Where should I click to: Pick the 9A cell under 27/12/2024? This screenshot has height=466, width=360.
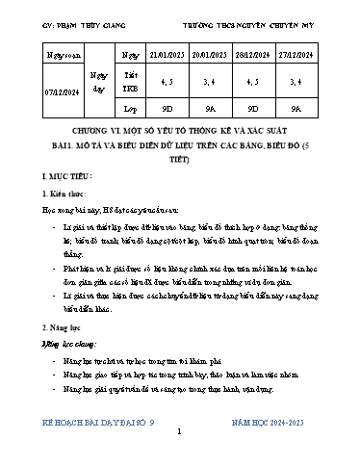point(312,109)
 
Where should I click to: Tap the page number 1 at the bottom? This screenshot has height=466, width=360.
point(179,432)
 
